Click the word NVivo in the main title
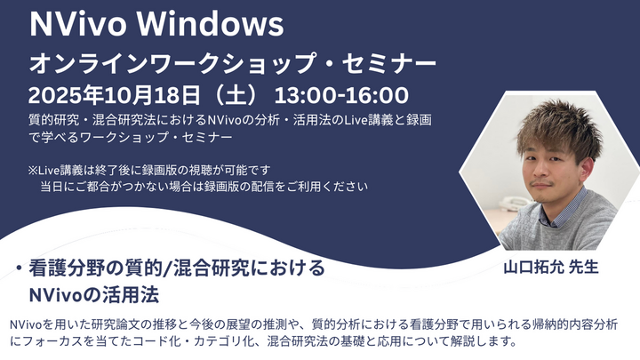78,24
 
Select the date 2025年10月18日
115,95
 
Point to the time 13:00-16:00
341,95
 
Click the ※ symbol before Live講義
33,170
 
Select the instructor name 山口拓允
533,268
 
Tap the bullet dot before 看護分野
19,268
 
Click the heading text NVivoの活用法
94,295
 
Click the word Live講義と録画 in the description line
387,120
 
